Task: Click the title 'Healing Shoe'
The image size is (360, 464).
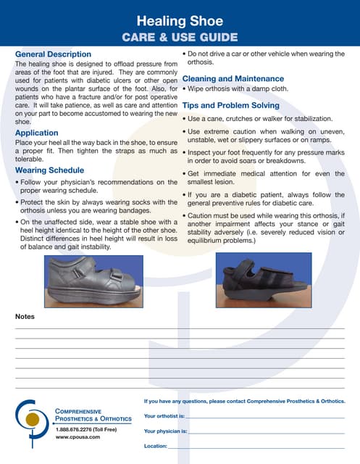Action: (179, 21)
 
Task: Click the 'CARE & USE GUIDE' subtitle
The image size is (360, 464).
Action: (180, 37)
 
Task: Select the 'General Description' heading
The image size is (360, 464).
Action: (53, 54)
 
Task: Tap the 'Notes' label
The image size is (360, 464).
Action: (25, 317)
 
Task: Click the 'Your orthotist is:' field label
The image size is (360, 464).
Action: (164, 416)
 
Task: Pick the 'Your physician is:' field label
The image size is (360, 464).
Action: (165, 431)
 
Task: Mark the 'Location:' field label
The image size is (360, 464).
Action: (156, 446)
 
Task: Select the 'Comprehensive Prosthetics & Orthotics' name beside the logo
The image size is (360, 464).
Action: (93, 415)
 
